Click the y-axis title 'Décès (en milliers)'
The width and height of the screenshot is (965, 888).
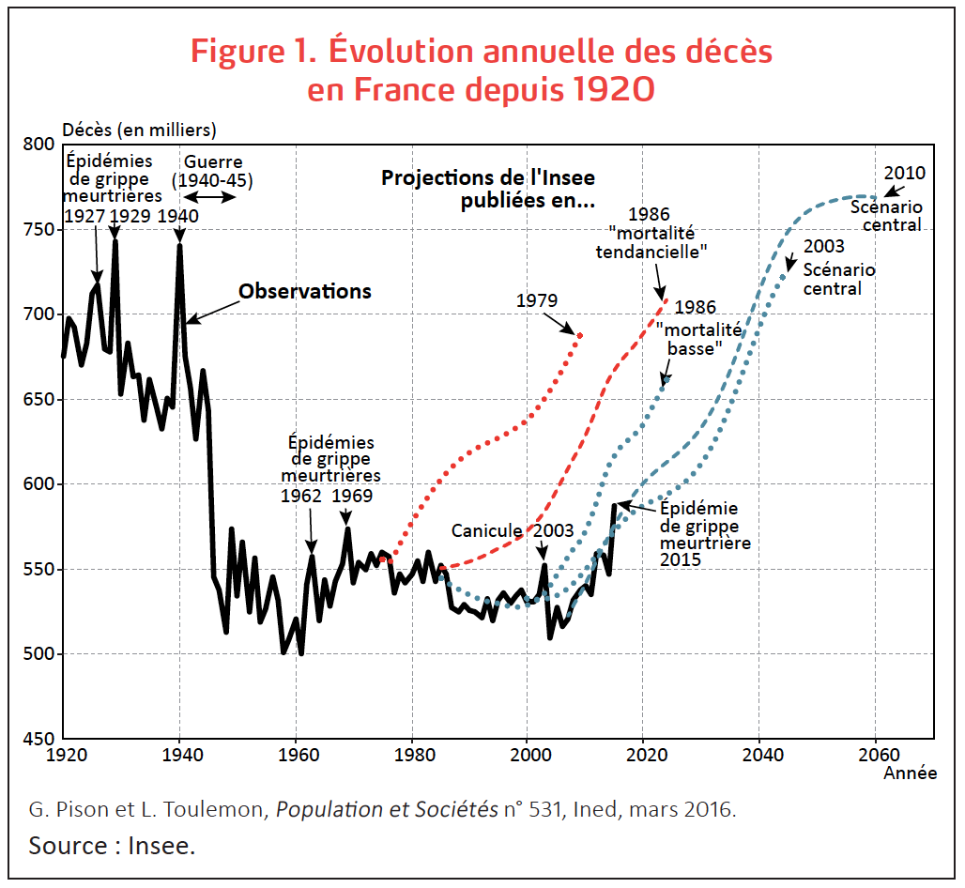139,129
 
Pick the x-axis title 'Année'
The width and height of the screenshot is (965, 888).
910,773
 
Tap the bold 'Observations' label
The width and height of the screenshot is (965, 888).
305,291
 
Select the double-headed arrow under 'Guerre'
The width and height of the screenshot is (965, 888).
209,197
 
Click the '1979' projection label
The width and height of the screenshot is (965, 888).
537,301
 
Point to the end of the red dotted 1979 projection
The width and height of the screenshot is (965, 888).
580,334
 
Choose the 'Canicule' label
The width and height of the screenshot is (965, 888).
486,530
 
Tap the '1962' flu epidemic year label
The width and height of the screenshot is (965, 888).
301,496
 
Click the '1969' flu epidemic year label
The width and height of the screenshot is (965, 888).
352,496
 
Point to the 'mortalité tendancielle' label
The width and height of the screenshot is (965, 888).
651,243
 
